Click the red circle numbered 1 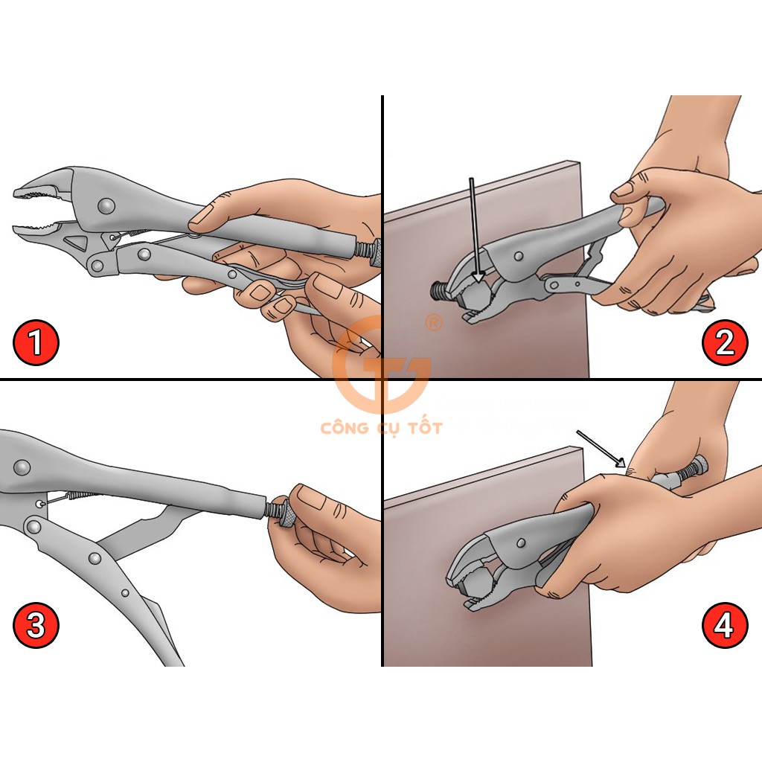pyautogui.click(x=36, y=342)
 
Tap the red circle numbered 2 pyautogui.click(x=725, y=342)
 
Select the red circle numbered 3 pyautogui.click(x=36, y=625)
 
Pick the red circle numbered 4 pyautogui.click(x=723, y=625)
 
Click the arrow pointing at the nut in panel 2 pyautogui.click(x=476, y=231)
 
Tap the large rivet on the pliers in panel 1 pyautogui.click(x=106, y=206)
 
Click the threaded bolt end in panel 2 pyautogui.click(x=440, y=291)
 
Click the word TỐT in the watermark pyautogui.click(x=424, y=428)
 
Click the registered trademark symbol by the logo pyautogui.click(x=434, y=323)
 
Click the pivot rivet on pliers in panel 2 pyautogui.click(x=519, y=256)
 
